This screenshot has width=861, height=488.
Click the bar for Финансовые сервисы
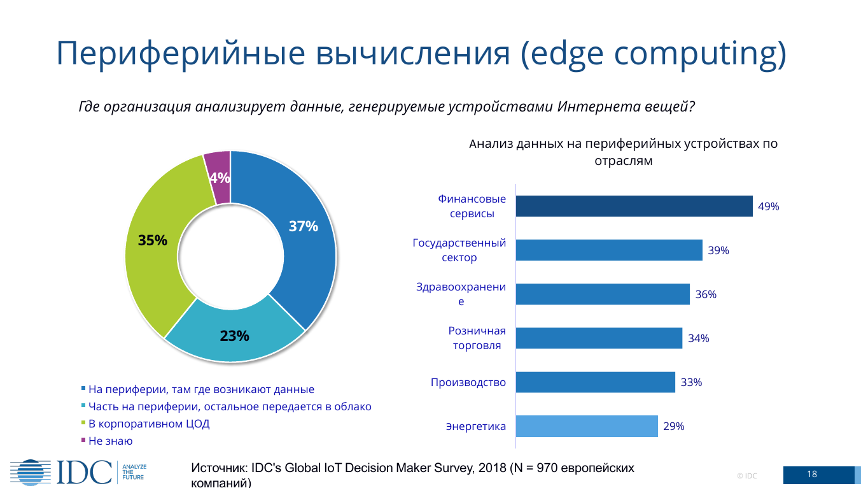[634, 206]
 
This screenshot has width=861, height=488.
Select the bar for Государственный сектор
[608, 250]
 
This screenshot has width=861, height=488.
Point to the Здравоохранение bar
[602, 294]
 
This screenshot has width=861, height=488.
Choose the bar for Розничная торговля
[598, 338]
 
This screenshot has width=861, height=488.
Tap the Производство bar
[595, 382]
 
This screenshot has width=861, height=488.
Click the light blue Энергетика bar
[586, 426]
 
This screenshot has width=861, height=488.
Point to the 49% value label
[768, 206]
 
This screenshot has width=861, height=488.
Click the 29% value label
[673, 427]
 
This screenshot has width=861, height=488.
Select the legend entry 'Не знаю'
[110, 441]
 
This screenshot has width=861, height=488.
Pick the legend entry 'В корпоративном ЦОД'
[148, 424]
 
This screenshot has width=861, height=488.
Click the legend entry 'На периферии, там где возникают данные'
[201, 389]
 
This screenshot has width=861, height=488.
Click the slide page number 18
[811, 475]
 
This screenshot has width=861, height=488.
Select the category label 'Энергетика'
[476, 427]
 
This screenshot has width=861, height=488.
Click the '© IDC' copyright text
[746, 476]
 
